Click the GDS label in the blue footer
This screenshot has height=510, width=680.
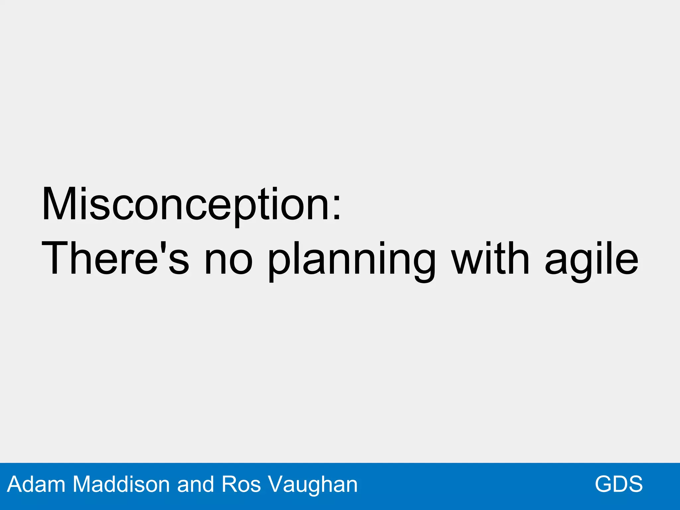point(619,484)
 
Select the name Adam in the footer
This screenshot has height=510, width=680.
point(36,484)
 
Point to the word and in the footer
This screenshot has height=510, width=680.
point(196,484)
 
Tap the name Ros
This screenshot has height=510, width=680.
point(241,484)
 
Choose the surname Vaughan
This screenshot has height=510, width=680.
point(312,484)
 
